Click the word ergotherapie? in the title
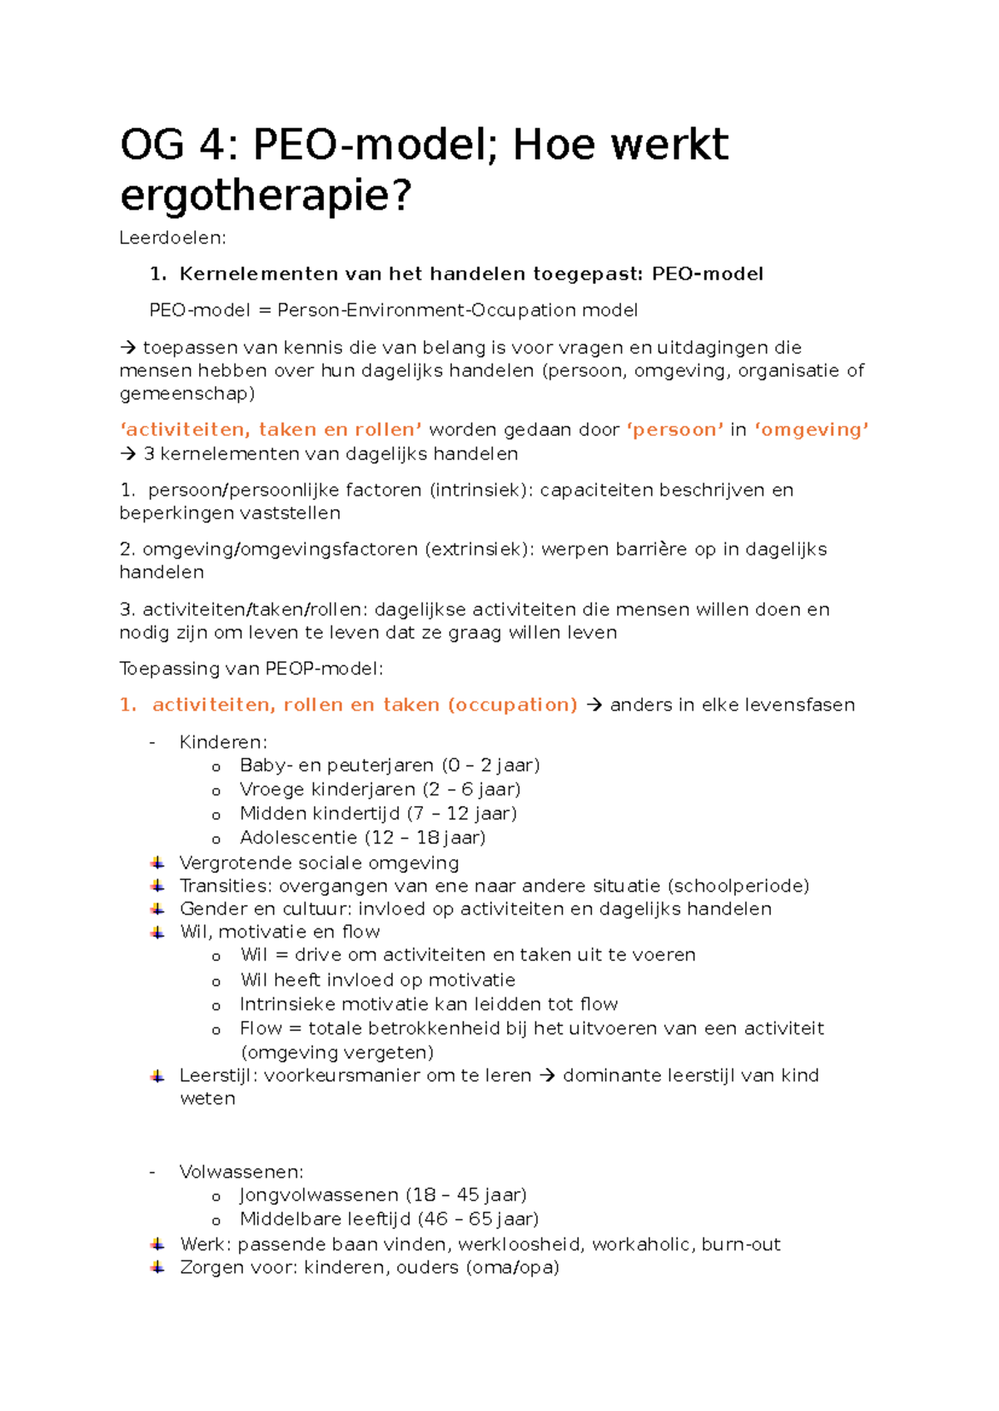pyautogui.click(x=266, y=197)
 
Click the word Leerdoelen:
pyautogui.click(x=172, y=238)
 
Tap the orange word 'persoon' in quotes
pyautogui.click(x=675, y=430)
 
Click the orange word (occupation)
pyautogui.click(x=513, y=705)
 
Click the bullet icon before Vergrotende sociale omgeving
pyautogui.click(x=157, y=863)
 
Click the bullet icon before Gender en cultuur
pyautogui.click(x=157, y=909)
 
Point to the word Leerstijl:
pyautogui.click(x=218, y=1076)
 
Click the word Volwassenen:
pyautogui.click(x=241, y=1172)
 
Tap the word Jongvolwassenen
pyautogui.click(x=319, y=1196)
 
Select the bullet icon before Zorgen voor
pyautogui.click(x=157, y=1268)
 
